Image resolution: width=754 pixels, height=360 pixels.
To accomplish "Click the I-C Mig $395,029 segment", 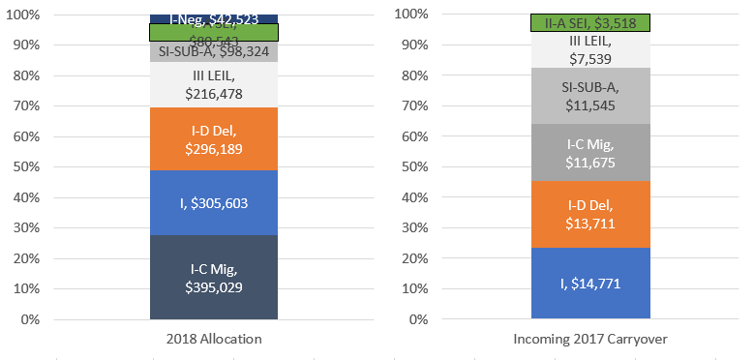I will (214, 277).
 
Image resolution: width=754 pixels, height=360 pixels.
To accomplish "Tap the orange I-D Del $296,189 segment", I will (214, 138).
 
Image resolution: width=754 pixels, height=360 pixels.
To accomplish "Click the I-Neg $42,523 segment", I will (214, 18).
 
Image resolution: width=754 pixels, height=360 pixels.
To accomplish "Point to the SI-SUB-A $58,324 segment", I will (214, 52).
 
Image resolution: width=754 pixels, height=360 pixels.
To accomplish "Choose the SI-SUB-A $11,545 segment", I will (590, 95).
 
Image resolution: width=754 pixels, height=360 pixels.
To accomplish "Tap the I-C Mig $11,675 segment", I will (590, 152).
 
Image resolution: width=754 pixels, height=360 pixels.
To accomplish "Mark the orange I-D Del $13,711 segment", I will (590, 214).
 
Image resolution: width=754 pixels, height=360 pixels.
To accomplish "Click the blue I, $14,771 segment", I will (590, 284).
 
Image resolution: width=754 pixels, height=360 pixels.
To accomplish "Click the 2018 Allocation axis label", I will (214, 340).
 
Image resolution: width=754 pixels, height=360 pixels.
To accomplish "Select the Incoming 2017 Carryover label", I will (590, 340).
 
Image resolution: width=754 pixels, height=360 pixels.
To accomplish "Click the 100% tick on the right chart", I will (408, 15).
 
